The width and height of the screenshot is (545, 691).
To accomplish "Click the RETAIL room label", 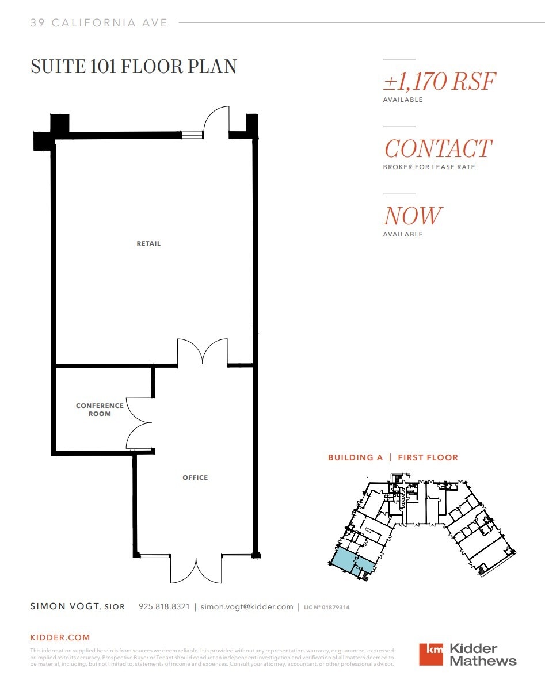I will tap(148, 243).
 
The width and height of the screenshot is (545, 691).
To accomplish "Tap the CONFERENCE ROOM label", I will tap(100, 410).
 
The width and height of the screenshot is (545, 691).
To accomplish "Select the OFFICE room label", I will tap(195, 478).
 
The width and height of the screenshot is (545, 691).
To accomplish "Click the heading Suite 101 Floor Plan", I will tap(134, 67).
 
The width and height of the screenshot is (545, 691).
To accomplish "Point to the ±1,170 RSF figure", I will tap(439, 82).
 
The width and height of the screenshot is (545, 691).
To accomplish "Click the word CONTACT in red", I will tap(438, 149).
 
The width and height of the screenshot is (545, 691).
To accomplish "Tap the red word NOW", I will tap(412, 216).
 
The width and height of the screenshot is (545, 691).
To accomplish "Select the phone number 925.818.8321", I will tap(164, 607).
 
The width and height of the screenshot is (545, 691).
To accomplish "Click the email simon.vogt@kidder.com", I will tap(246, 607).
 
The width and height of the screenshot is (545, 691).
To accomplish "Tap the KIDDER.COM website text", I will tap(60, 637).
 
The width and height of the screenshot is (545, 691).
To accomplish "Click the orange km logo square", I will tap(431, 654).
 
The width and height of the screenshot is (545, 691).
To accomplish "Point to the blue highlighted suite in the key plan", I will tap(343, 559).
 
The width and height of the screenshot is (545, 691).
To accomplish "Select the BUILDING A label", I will tap(355, 457).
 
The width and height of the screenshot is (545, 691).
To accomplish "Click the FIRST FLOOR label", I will tap(428, 457).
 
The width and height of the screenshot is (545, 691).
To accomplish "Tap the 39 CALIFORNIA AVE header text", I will tap(99, 23).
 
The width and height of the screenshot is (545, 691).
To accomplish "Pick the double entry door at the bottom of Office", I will tap(196, 570).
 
